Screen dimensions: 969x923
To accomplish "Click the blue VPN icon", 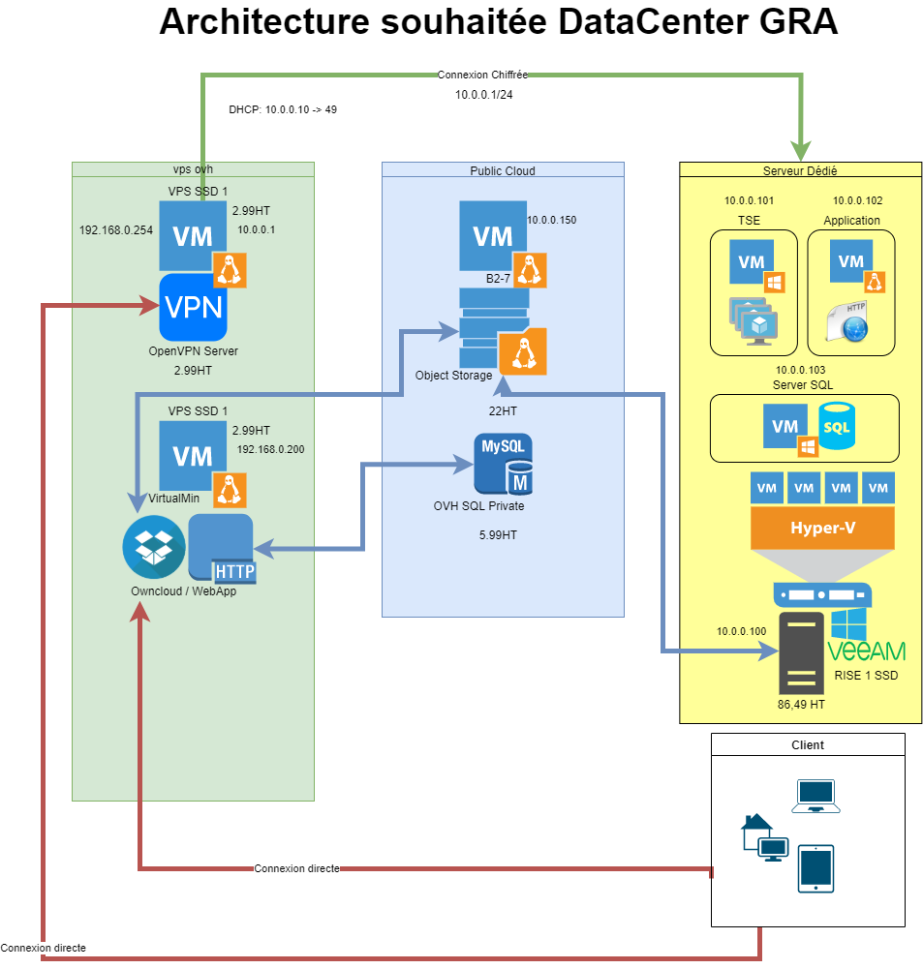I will coord(193,307).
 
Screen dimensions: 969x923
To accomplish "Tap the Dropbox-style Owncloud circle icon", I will coord(153,548).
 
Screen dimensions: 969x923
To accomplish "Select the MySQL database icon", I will coord(502,465).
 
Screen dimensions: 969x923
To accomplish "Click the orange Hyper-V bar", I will coord(822,529).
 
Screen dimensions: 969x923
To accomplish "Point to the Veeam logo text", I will coord(866,651).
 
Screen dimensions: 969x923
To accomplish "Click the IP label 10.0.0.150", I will coord(551,221).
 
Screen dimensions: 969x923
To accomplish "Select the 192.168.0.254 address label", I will coord(116,231).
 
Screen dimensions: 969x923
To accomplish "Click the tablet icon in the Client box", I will coord(815,868).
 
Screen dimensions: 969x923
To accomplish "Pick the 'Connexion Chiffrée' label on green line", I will coord(481,75).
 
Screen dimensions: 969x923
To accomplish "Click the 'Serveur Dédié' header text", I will coord(800,170).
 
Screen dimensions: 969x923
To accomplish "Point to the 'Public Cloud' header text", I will coord(503,170).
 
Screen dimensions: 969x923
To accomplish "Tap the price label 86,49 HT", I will coord(801,705).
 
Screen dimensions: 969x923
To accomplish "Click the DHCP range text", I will coord(283,109).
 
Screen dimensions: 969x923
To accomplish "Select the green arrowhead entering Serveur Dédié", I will coord(801,150).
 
